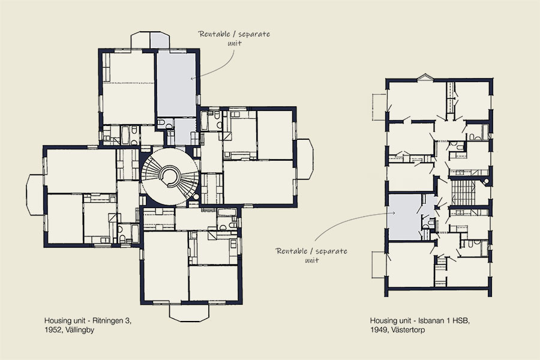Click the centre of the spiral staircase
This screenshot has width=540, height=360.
coord(170,176)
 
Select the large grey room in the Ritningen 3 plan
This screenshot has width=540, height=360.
coord(176,85)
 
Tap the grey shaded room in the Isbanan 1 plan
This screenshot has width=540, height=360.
coord(404,217)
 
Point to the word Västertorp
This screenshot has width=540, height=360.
coord(408,329)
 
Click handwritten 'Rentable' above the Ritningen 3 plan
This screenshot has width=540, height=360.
coord(214,34)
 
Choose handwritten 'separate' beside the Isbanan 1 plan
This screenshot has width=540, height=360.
coord(331,251)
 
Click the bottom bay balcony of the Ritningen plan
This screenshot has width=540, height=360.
coord(189,313)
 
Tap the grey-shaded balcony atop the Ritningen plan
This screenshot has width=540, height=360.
coord(160,40)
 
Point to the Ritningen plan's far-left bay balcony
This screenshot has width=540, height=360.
coord(35,194)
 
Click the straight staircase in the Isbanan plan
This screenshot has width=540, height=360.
coord(461,194)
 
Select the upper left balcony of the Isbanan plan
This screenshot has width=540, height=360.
coord(379,107)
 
